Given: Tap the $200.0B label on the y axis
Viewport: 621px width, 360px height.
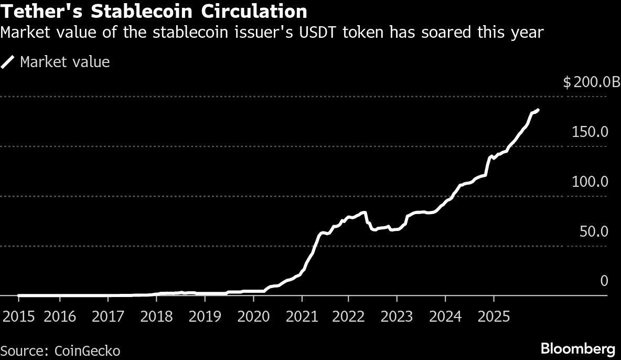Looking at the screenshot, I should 591,82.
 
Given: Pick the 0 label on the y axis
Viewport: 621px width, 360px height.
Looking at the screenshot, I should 604,281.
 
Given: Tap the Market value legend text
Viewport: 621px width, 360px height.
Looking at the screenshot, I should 65,62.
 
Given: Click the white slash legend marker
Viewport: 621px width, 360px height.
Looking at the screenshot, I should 8,62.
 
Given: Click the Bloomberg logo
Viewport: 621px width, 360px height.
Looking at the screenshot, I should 577,348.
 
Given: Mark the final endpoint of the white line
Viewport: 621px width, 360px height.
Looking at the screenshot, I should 538,110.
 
